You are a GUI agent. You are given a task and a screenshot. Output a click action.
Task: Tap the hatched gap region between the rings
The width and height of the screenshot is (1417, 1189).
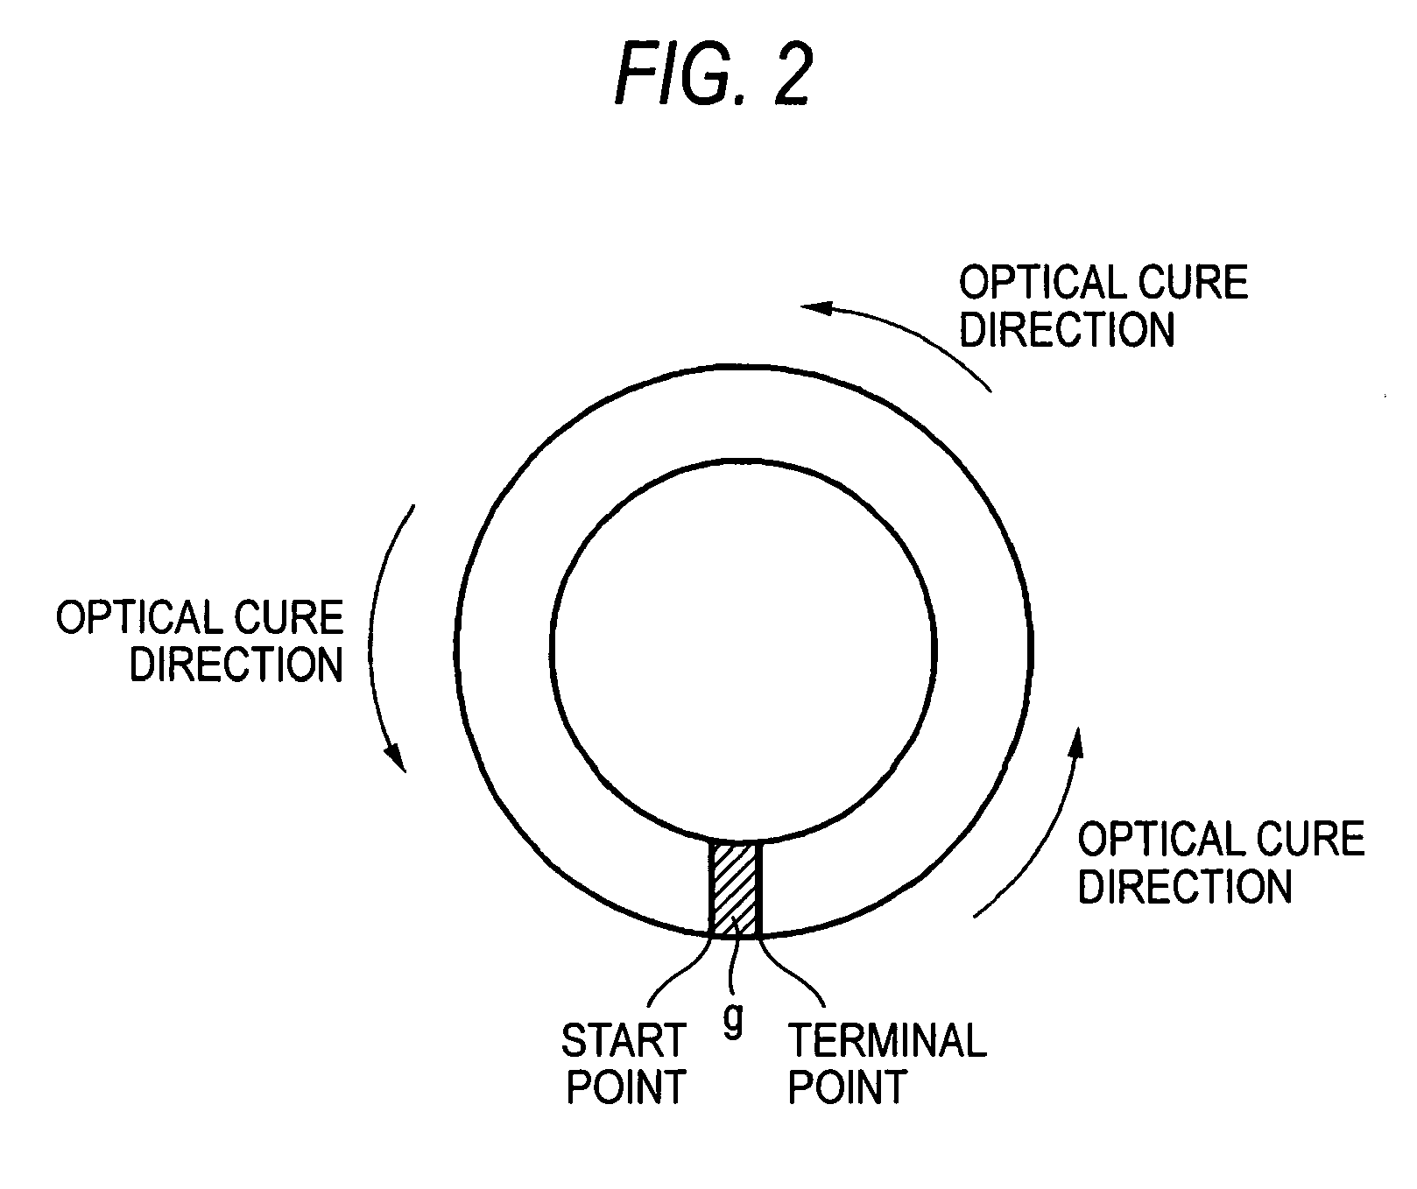735,889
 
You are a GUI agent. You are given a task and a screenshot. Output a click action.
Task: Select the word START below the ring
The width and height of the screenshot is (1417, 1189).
623,1041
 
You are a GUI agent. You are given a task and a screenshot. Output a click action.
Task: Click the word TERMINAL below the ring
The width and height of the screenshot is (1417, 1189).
887,1041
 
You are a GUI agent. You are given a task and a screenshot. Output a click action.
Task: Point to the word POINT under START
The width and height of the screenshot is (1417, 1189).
625,1087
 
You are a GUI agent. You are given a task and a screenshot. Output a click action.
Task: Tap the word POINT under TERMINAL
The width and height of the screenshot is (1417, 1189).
847,1087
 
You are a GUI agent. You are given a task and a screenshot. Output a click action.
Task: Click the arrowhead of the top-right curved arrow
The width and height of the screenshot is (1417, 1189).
814,307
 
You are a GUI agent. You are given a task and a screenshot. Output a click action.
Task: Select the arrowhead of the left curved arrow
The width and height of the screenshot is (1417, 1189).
398,757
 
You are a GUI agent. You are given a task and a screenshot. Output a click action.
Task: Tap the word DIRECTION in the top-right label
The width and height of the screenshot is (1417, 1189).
1066,330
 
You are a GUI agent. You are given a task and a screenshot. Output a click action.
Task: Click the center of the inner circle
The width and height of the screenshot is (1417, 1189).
744,648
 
